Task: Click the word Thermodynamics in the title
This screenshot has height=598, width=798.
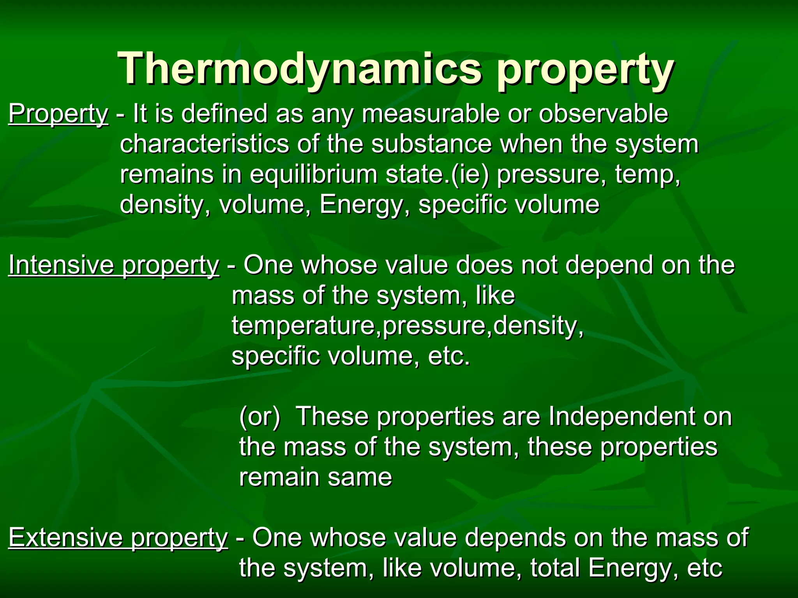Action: (x=300, y=69)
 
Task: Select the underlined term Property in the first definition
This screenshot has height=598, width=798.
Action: (x=58, y=114)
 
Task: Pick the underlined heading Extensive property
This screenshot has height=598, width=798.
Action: (x=118, y=538)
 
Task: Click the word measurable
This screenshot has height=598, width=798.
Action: (x=430, y=114)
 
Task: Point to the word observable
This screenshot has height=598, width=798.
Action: (x=603, y=114)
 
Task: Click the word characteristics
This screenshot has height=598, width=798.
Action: (x=204, y=144)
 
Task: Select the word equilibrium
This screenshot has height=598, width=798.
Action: (x=313, y=174)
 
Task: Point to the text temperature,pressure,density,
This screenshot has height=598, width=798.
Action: (x=408, y=325)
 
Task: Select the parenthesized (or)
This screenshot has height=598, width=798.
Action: (x=260, y=417)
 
